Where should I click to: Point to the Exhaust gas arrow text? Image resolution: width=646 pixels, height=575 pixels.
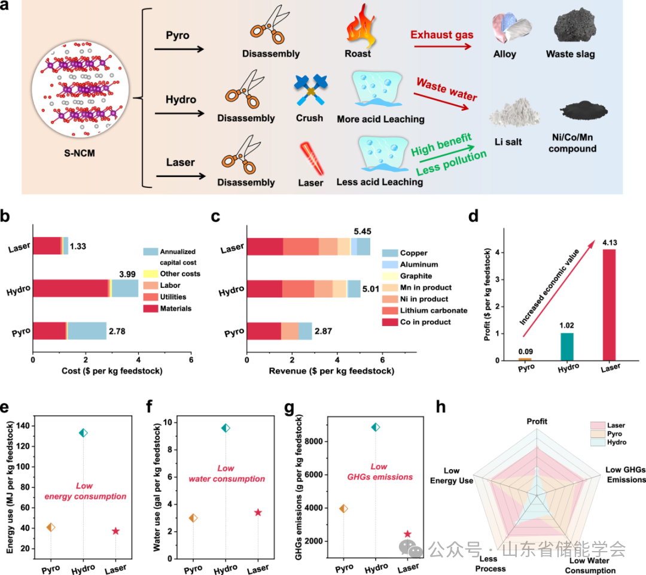coord(441,35)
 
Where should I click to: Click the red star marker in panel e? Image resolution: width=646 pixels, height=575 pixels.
coord(115,515)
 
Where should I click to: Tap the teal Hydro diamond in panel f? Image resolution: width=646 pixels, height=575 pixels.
coord(226,428)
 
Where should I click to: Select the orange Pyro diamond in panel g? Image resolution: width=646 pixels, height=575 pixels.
coord(343,509)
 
